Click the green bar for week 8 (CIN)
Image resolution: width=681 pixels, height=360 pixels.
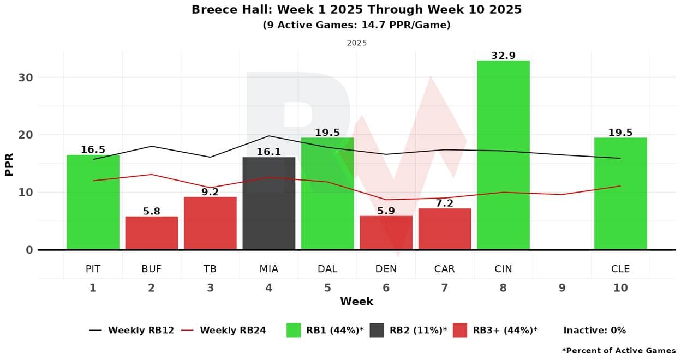(x=503, y=155)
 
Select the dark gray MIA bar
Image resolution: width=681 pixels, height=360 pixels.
(x=269, y=203)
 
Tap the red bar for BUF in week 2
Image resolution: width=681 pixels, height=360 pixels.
(x=152, y=233)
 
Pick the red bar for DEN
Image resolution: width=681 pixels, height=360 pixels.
(x=386, y=233)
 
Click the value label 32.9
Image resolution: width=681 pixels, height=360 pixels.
(x=503, y=56)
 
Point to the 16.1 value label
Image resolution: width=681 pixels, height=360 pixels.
(x=269, y=152)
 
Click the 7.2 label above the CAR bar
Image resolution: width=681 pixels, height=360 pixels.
(x=445, y=203)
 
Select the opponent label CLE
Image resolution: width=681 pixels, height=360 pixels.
(x=620, y=269)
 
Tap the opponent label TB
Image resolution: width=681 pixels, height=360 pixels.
(x=210, y=269)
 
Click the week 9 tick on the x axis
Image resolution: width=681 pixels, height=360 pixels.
(x=562, y=287)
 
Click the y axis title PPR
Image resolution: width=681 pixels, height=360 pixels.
(x=9, y=164)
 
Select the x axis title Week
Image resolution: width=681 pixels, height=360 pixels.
(x=356, y=301)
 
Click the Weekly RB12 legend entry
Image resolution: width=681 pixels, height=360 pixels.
(x=132, y=330)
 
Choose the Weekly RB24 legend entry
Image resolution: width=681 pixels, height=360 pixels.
(x=224, y=330)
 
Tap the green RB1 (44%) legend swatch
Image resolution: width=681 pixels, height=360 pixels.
(x=294, y=330)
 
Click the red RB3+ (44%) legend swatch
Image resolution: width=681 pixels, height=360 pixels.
(x=460, y=330)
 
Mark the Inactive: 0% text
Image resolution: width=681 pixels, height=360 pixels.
(x=594, y=330)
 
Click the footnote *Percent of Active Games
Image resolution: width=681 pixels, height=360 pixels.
(x=618, y=351)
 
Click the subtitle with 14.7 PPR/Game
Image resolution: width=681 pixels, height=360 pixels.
(x=356, y=25)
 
